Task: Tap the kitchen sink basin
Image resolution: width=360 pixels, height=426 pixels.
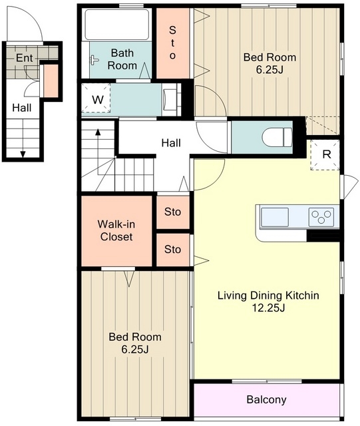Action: click(274, 217)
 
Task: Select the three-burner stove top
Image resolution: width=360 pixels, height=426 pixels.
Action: click(321, 217)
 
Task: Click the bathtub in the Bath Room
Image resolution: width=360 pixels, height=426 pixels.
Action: click(117, 25)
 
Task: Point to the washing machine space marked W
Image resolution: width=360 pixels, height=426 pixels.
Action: click(96, 98)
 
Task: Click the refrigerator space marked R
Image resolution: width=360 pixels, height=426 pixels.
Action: click(325, 154)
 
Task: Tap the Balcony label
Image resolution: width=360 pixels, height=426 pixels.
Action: click(266, 399)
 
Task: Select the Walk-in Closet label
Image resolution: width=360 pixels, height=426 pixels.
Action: click(116, 230)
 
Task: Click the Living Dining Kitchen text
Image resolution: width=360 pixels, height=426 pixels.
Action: click(268, 296)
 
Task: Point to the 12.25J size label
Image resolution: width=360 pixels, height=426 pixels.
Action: click(268, 308)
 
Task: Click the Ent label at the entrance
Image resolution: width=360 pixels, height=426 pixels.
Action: click(24, 58)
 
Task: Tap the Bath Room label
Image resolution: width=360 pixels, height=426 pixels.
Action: click(122, 59)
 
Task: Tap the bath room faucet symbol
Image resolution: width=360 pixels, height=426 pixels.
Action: click(94, 60)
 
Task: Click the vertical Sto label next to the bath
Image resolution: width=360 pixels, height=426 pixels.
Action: click(172, 43)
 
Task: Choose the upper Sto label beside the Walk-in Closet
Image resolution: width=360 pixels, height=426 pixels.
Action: click(172, 212)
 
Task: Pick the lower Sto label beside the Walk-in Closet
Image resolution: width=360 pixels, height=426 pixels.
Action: click(172, 249)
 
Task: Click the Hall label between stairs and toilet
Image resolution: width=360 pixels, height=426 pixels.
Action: click(171, 142)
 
